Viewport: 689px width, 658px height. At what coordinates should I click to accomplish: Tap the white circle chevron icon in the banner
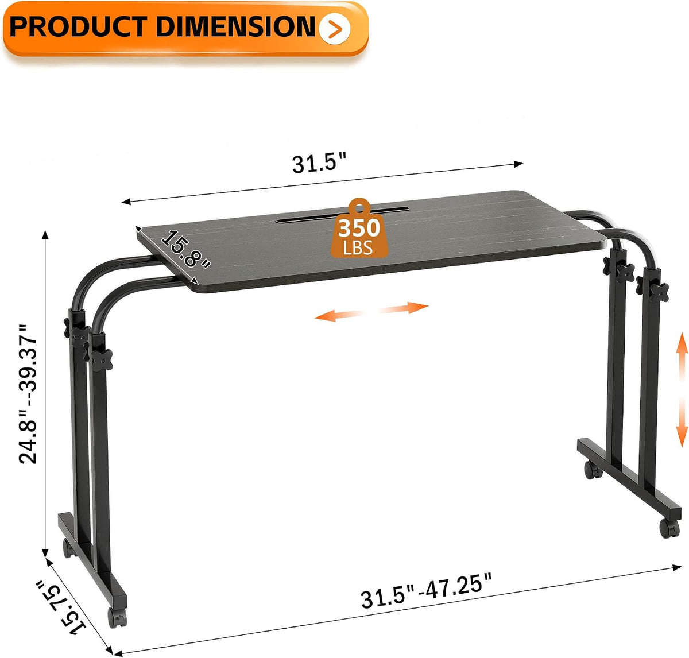pos(335,28)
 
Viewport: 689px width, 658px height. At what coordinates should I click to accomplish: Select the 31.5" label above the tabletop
pos(319,163)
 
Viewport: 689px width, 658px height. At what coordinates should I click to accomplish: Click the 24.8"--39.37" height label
pos(28,394)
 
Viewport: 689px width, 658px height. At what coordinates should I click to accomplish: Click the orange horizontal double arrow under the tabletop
pos(371,311)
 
